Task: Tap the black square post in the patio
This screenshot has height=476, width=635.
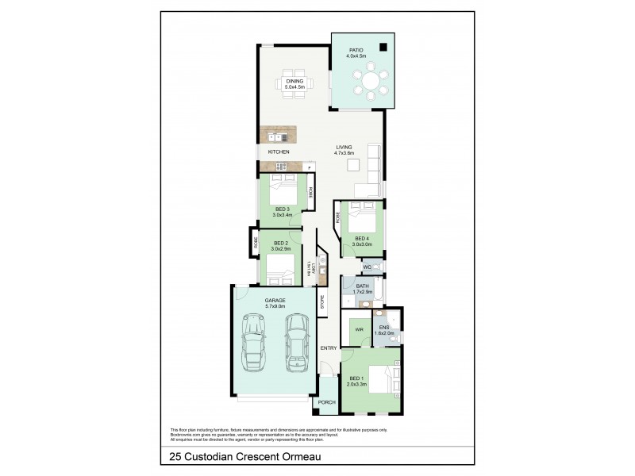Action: [383, 47]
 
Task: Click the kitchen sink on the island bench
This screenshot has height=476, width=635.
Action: [270, 137]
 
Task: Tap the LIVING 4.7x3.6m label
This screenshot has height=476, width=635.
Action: [344, 150]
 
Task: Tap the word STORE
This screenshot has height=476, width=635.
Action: [322, 301]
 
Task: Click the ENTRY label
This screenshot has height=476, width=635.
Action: [328, 348]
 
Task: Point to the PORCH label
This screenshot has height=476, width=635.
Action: [325, 402]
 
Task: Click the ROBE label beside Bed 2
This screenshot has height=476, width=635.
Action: [256, 242]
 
